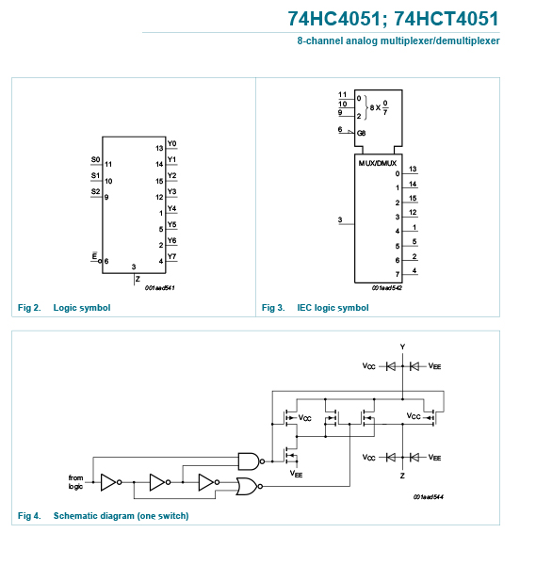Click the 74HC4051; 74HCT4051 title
point(393,19)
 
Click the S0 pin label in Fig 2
point(95,159)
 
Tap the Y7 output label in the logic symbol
point(172,256)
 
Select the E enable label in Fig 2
point(94,256)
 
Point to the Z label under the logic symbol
point(138,279)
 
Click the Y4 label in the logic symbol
point(172,208)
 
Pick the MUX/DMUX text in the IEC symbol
point(378,163)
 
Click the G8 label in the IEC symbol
point(361,134)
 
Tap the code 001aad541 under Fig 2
point(160,288)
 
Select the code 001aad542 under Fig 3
point(387,288)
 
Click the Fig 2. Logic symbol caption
point(64,308)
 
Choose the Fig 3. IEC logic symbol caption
point(315,308)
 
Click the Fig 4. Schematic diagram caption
point(103,516)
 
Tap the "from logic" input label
point(75,482)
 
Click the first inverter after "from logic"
point(110,482)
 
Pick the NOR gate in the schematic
point(249,487)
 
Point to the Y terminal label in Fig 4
point(402,347)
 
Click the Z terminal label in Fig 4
point(402,476)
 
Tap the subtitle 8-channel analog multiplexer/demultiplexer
point(398,40)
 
